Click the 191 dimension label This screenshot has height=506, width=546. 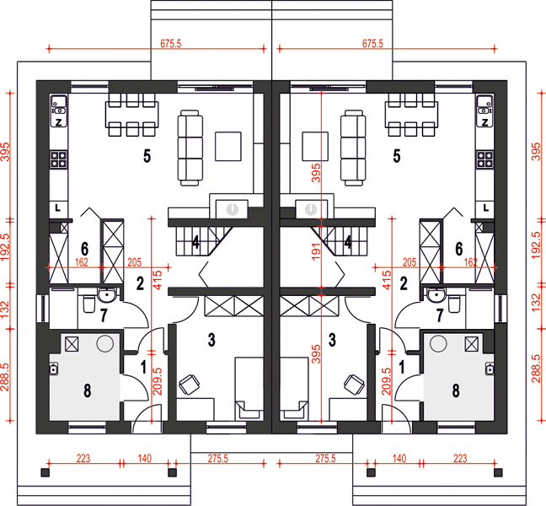coord(315,252)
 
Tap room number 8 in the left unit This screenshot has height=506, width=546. coord(88,390)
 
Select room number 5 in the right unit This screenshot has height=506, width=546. coord(397,156)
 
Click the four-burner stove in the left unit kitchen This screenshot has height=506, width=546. coord(58,159)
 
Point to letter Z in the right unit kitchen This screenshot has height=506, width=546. coord(484,122)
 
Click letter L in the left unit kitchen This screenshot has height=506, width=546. coord(58,208)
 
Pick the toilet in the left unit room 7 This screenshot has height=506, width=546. coord(88,304)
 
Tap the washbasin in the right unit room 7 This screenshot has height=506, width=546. coord(436,295)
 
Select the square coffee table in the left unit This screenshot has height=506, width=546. coord(228,146)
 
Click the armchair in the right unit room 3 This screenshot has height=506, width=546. coord(355,385)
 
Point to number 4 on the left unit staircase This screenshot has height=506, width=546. coord(195,242)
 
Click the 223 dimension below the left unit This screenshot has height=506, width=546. coord(83,458)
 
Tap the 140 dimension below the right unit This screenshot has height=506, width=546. coord(399,458)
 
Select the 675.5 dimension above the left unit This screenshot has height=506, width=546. coord(170,44)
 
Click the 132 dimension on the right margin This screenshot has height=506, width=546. coord(536,302)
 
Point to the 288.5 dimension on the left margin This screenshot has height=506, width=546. coord(5,377)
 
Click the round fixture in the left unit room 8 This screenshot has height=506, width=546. coord(104,343)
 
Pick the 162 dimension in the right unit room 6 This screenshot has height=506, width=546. coord(471,262)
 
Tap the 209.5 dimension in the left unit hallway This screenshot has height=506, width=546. coord(158,381)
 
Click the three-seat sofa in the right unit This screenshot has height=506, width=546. coord(353,148)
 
